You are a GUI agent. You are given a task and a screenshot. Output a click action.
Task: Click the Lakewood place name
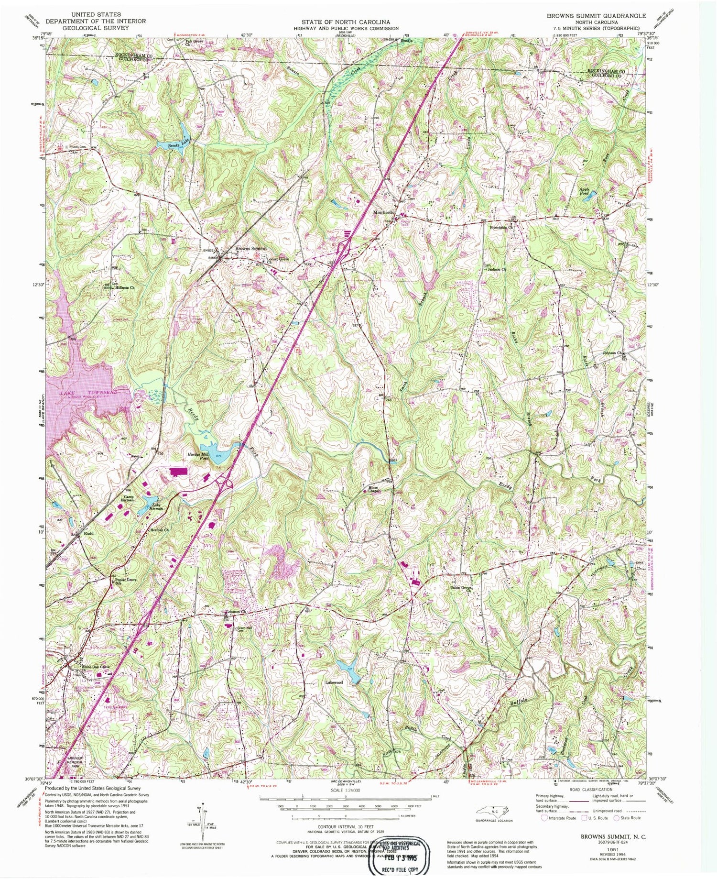tap(335, 682)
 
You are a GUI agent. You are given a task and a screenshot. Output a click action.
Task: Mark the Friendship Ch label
tap(501, 227)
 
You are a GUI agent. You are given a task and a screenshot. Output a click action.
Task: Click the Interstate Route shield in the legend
tap(544, 817)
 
